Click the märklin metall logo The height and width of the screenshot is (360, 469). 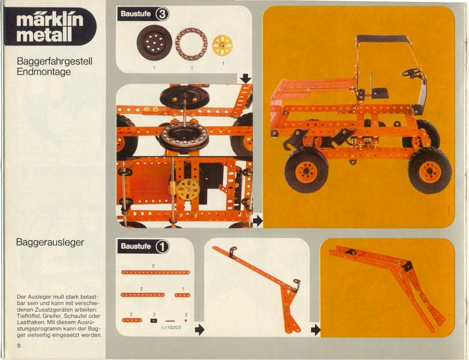[49, 26]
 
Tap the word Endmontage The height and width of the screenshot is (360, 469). [44, 71]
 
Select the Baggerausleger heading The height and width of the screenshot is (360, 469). [50, 243]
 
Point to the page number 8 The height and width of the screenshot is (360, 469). [19, 346]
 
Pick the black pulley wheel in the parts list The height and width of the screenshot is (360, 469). [154, 43]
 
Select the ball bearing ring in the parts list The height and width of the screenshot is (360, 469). [191, 44]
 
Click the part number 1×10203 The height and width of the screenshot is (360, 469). [170, 328]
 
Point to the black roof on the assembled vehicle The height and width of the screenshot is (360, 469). [382, 38]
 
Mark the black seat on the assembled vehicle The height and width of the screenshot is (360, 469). [380, 93]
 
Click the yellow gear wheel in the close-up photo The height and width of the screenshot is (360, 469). [188, 190]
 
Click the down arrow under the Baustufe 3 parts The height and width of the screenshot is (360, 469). [245, 79]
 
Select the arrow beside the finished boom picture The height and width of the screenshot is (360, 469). [315, 330]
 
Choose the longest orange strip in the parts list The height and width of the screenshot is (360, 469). [155, 272]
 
